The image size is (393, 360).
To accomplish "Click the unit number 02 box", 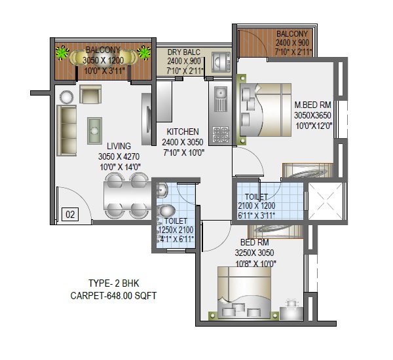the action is point(70,214).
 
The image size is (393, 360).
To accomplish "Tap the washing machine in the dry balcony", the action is point(221,62).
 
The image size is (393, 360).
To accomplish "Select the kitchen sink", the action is point(221,99).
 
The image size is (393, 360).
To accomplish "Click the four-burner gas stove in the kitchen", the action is point(221,135).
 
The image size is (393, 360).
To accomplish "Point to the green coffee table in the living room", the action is point(94,131).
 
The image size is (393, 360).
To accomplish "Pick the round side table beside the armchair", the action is point(67,97).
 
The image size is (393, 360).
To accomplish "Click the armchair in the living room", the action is point(90,94).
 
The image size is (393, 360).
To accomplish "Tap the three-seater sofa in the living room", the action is point(67,130).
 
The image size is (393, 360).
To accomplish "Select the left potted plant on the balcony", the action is point(62,52).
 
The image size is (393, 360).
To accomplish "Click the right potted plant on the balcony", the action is point(144,52).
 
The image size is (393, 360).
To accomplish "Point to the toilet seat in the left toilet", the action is point(166,211).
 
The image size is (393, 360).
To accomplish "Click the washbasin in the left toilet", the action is point(162,190).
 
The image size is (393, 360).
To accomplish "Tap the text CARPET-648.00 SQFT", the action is point(113,296).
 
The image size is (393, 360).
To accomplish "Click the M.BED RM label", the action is point(313,105).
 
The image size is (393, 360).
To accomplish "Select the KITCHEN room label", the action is point(183,132).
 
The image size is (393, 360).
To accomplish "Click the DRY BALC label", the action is point(184,52).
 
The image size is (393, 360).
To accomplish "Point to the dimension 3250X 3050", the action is point(254,253).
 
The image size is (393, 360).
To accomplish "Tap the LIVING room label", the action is point(119,146).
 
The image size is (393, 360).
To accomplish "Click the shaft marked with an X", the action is point(325,201).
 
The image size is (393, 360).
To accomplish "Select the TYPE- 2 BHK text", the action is point(113,283).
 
